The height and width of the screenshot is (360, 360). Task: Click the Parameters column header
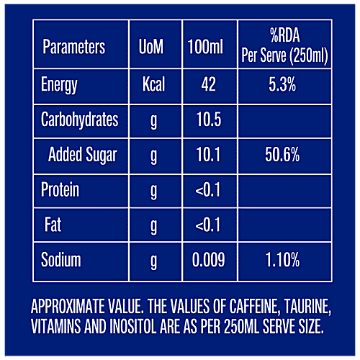coord(73,48)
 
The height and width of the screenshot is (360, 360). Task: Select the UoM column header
coord(151,48)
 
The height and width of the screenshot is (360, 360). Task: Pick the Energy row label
coord(59,85)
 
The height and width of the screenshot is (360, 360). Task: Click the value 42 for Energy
coord(209,85)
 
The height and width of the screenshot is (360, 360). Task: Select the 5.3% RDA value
coord(282,85)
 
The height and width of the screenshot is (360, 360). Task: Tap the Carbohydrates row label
coord(79,120)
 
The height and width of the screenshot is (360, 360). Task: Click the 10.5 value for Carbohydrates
coord(209,120)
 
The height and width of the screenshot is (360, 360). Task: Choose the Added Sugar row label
coord(82,155)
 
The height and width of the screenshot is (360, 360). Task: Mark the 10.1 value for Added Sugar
coord(209,155)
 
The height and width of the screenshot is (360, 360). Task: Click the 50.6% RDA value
coord(282,155)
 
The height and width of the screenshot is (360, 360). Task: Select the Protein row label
coord(60,190)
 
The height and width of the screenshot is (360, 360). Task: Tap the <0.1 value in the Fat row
coord(209,225)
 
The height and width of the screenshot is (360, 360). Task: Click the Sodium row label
coord(61,260)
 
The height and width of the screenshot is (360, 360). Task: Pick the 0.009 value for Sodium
coord(209,260)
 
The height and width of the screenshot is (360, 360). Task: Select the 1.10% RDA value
coord(282,260)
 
